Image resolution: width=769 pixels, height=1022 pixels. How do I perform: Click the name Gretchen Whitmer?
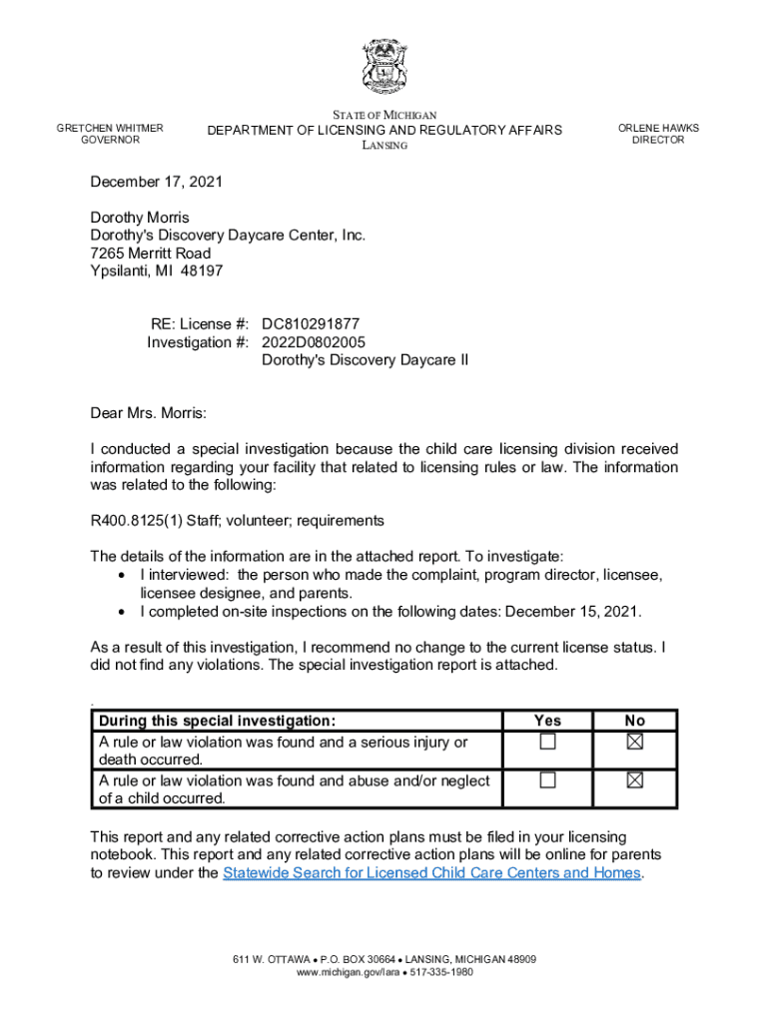pyautogui.click(x=110, y=128)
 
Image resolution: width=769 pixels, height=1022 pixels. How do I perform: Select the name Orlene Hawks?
pyautogui.click(x=658, y=128)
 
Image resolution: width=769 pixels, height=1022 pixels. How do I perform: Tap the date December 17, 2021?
pyautogui.click(x=157, y=183)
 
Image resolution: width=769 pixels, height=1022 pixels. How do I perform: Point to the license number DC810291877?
pyautogui.click(x=311, y=324)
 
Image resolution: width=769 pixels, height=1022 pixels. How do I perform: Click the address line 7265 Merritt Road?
pyautogui.click(x=151, y=254)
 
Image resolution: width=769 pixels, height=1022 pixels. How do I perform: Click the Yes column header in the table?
pyautogui.click(x=547, y=721)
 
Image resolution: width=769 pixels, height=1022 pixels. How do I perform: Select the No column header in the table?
pyautogui.click(x=635, y=721)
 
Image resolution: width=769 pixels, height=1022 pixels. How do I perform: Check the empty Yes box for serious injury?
pyautogui.click(x=547, y=742)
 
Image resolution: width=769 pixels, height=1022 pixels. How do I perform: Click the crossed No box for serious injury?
pyautogui.click(x=635, y=742)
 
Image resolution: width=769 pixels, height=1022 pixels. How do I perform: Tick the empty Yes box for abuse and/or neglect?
pyautogui.click(x=547, y=780)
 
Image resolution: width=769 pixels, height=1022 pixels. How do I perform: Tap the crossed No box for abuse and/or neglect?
pyautogui.click(x=635, y=780)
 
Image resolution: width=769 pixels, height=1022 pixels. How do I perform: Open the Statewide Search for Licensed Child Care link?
pyautogui.click(x=431, y=873)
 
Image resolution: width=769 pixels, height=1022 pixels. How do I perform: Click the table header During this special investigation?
pyautogui.click(x=217, y=721)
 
